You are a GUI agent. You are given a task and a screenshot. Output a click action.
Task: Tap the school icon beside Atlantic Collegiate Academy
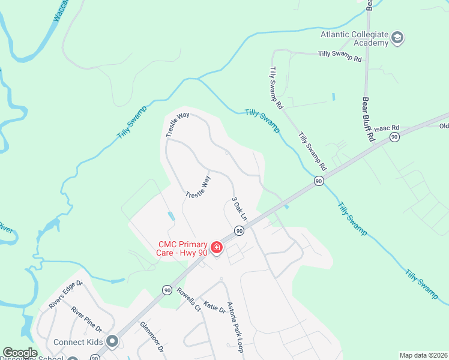(x=397, y=39)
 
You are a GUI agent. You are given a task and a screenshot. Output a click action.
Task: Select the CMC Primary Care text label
(x=183, y=248)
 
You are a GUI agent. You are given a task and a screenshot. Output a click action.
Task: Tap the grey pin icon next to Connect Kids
(x=112, y=341)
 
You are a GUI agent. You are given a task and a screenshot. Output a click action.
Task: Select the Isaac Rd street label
(x=387, y=128)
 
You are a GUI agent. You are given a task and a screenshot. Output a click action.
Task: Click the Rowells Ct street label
(x=188, y=301)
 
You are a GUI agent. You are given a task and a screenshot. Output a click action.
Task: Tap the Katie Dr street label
(x=214, y=308)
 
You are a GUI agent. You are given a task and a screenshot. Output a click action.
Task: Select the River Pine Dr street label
(x=86, y=320)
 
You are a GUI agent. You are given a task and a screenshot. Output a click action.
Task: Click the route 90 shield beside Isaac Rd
(x=394, y=137)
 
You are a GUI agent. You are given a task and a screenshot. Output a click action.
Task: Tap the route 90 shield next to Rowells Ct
(x=166, y=290)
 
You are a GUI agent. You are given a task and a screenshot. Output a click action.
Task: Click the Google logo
(x=20, y=353)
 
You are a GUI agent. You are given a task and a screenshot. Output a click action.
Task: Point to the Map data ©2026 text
(x=424, y=355)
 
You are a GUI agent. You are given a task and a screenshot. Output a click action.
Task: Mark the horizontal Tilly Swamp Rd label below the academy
(x=340, y=59)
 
